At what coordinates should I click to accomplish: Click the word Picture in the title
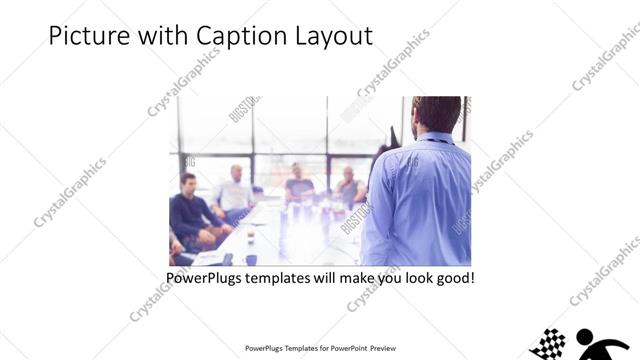(x=82, y=36)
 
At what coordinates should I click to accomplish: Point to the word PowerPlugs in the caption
(x=205, y=277)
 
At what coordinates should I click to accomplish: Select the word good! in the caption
(x=452, y=277)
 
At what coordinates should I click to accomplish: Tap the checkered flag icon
(x=548, y=345)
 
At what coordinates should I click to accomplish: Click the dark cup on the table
(x=250, y=259)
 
